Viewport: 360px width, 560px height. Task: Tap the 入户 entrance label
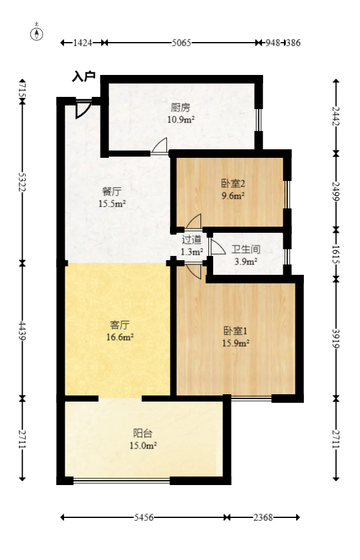84,77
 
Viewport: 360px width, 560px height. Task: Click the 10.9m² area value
181,119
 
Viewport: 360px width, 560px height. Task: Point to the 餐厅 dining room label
112,191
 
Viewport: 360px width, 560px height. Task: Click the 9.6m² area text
232,196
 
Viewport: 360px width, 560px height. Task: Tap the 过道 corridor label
191,239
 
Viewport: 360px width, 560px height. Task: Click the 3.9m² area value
245,261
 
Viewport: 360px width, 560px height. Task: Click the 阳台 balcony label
143,433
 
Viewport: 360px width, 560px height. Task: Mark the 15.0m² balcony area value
143,445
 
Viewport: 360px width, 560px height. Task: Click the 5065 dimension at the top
182,43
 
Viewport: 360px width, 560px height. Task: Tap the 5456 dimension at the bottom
143,517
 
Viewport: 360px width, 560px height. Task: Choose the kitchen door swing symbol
160,146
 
